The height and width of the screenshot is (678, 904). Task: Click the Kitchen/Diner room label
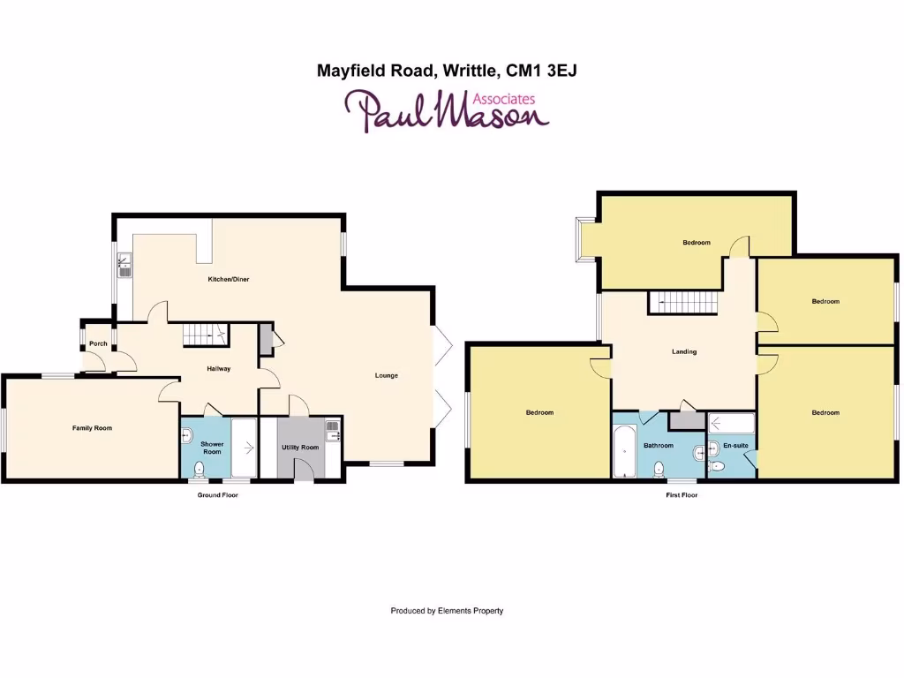[x=228, y=279]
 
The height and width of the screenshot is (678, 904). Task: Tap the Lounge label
[x=386, y=375]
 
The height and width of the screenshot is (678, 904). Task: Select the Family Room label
[x=92, y=428]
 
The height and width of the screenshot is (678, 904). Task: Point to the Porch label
[x=98, y=343]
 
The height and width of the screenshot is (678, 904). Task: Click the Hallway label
[x=218, y=368]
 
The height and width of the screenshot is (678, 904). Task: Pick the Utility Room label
[x=300, y=448]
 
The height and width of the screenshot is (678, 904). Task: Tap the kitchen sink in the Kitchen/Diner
[x=125, y=264]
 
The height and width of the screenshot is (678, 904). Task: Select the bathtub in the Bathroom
[x=624, y=450]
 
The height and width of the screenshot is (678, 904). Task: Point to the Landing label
[x=684, y=351]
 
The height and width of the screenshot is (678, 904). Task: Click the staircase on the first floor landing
[x=684, y=303]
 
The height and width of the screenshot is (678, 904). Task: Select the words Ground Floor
[x=217, y=495]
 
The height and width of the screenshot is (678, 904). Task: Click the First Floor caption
[x=682, y=495]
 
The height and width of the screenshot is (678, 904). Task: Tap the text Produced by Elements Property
[x=447, y=610]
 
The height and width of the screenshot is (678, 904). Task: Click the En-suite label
[x=735, y=446]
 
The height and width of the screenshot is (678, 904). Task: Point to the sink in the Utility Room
[x=334, y=433]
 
